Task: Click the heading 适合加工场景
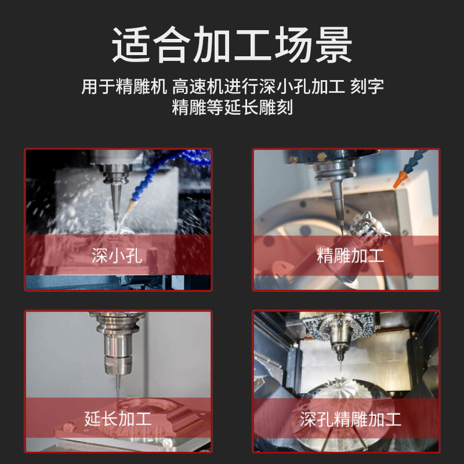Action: coord(232,45)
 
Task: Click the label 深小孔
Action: coord(117,256)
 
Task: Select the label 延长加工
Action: coord(118,418)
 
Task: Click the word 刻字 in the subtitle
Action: coord(368,87)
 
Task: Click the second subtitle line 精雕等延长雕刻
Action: coord(232,108)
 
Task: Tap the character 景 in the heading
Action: coord(331,45)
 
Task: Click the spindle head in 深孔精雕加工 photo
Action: coord(338,336)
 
